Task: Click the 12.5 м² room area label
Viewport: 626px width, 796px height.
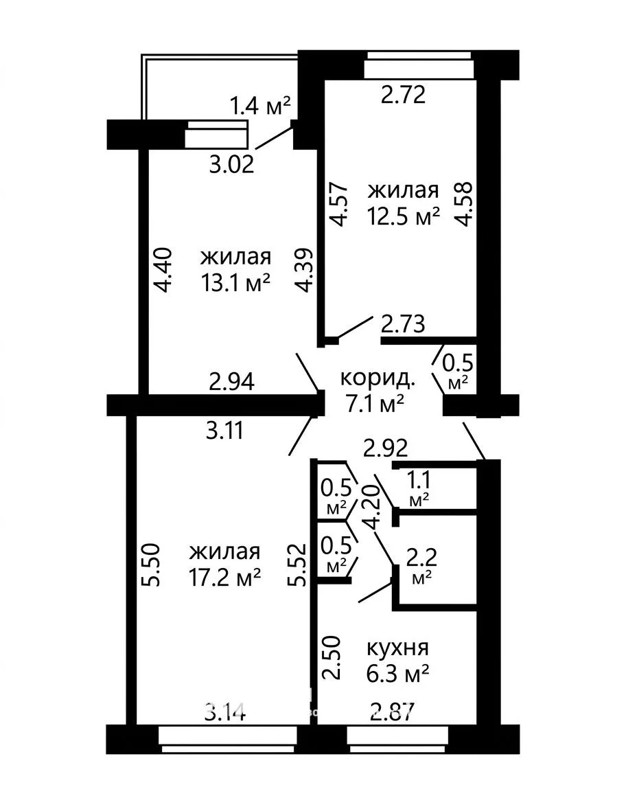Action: [x=404, y=217]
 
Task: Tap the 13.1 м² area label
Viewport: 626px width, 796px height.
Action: [x=236, y=283]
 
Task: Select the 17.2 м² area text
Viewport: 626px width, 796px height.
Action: [x=224, y=577]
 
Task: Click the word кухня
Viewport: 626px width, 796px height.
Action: [x=397, y=648]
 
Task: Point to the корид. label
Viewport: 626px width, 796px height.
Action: [x=378, y=378]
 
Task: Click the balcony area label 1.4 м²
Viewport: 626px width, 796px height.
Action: [x=260, y=106]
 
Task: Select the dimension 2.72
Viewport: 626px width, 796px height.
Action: [x=404, y=94]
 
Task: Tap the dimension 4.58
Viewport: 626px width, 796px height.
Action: [x=464, y=204]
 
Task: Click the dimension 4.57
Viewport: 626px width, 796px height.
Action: [x=339, y=204]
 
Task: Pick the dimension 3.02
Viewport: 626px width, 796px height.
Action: [x=232, y=165]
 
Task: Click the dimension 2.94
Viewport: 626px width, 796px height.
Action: [x=232, y=381]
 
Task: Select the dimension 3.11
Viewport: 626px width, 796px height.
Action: [x=224, y=431]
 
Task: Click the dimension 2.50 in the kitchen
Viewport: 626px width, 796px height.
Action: [x=331, y=658]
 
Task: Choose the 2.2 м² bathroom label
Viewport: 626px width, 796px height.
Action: [x=421, y=566]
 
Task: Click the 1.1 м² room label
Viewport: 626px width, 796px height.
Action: [x=419, y=488]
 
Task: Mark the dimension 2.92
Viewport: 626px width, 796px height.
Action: [x=386, y=448]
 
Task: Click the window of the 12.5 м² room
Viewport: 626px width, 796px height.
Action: [x=419, y=65]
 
